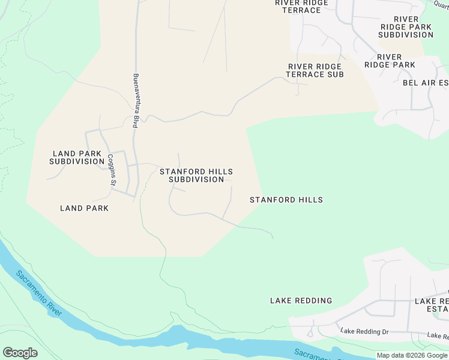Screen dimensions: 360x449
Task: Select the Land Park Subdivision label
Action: tap(77, 158)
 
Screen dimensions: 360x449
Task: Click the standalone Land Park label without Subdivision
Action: tap(85, 208)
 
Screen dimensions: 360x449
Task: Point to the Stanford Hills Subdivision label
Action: tap(196, 175)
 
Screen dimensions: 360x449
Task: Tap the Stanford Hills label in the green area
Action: tap(286, 200)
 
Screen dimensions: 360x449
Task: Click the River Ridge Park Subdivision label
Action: tap(406, 27)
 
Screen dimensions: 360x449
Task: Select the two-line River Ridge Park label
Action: tap(390, 61)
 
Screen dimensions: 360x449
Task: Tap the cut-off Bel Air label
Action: tap(426, 83)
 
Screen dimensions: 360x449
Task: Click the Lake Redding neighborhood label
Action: tap(301, 301)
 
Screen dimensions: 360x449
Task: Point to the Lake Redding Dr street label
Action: tap(364, 331)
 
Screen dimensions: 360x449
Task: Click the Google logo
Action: tap(20, 353)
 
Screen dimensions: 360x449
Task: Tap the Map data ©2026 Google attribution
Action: tap(412, 355)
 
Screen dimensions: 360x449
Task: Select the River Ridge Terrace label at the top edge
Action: tap(302, 7)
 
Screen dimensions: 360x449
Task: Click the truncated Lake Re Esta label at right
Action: tap(432, 305)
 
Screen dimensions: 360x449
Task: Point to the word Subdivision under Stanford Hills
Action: tap(196, 179)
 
